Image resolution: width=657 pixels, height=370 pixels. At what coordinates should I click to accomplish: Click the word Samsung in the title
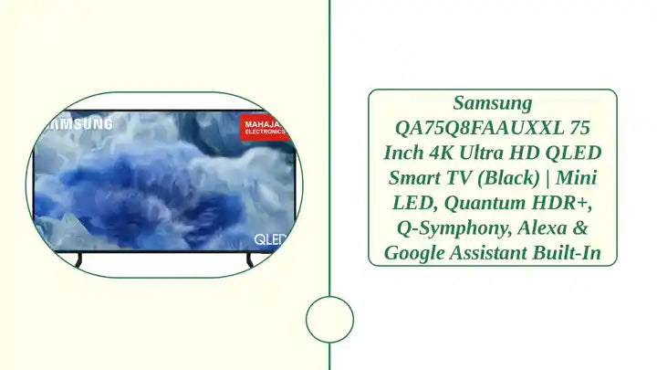492,103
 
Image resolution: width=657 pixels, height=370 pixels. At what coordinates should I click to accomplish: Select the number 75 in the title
579,128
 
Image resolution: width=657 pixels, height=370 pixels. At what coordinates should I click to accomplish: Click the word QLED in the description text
574,153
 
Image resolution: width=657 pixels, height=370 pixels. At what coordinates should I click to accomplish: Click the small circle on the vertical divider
328,320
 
